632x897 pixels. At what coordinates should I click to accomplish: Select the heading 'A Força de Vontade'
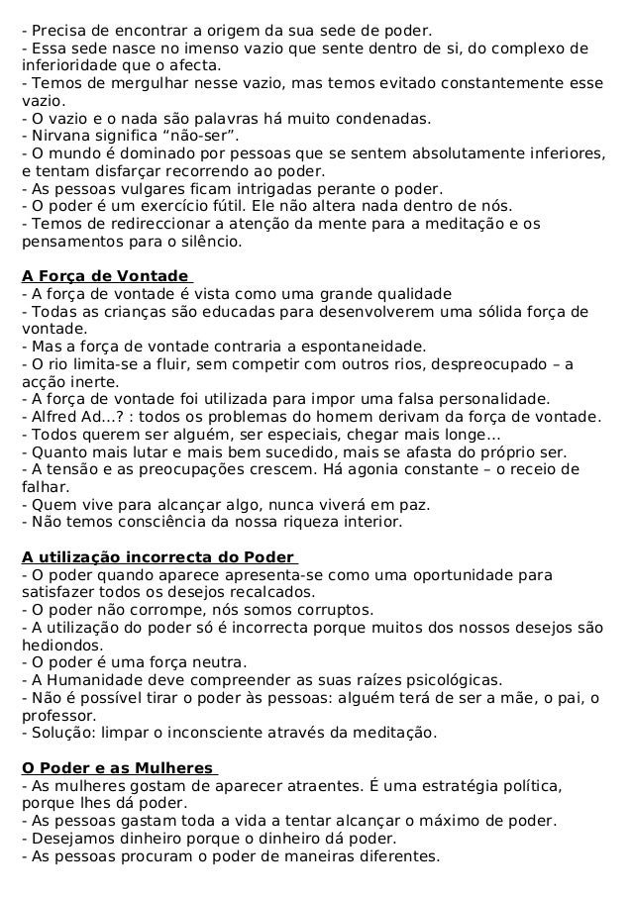[x=105, y=275]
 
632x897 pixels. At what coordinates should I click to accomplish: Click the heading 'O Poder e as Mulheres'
[x=118, y=768]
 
